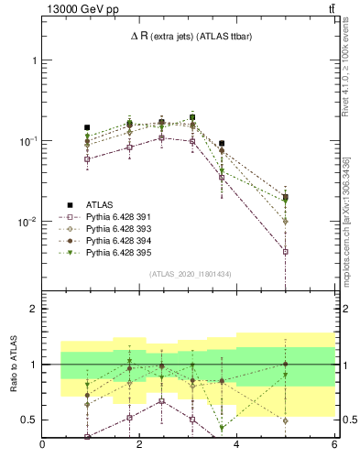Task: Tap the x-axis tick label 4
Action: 237,446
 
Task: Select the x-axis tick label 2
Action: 140,446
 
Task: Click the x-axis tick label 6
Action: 334,446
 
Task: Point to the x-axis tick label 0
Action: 43,446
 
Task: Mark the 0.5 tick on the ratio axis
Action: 30,420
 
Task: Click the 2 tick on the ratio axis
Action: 35,310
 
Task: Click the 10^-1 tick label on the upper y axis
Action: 27,141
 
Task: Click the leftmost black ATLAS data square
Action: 87,127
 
